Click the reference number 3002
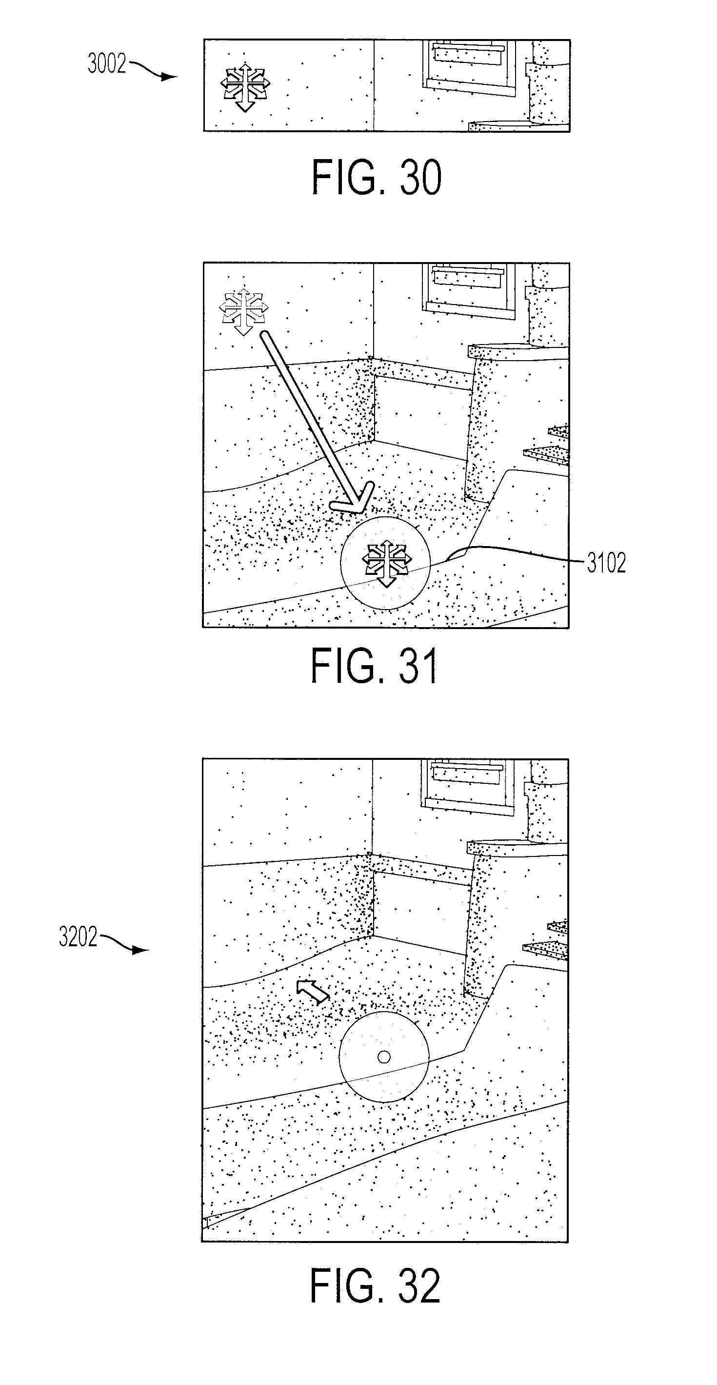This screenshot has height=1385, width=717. (x=107, y=64)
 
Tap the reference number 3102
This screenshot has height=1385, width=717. (x=606, y=564)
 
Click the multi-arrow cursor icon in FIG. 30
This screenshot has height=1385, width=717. (x=245, y=87)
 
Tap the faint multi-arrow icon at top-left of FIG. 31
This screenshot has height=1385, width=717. (x=243, y=311)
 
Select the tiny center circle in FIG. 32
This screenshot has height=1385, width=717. (x=384, y=1057)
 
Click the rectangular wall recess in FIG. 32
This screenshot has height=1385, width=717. (x=420, y=914)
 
